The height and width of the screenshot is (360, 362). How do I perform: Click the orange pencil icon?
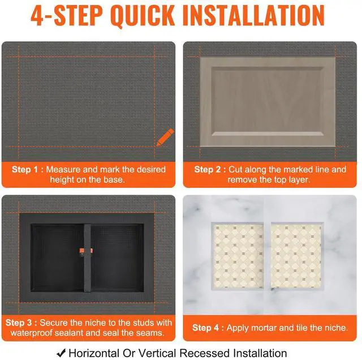tap(165, 137)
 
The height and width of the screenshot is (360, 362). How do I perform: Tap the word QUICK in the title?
tap(142, 16)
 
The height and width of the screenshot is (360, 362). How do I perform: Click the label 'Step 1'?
tap(25, 169)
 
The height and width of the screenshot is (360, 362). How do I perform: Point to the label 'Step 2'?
tap(208, 169)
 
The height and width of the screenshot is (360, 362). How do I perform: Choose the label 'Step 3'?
tap(19, 323)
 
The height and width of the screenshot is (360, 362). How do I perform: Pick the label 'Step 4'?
tap(205, 328)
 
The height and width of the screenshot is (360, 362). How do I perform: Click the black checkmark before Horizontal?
tap(61, 353)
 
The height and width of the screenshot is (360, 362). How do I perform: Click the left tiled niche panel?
tap(238, 256)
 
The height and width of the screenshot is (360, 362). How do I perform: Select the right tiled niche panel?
tap(297, 256)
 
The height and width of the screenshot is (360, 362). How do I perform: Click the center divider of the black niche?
tap(87, 258)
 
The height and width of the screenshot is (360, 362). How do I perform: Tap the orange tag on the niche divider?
tap(86, 251)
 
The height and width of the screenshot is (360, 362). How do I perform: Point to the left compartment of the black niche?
tap(57, 258)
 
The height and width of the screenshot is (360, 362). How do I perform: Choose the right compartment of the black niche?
tap(118, 258)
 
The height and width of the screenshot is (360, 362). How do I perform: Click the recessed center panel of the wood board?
tap(268, 101)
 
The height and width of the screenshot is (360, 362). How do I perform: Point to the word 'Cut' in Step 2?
tap(235, 169)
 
